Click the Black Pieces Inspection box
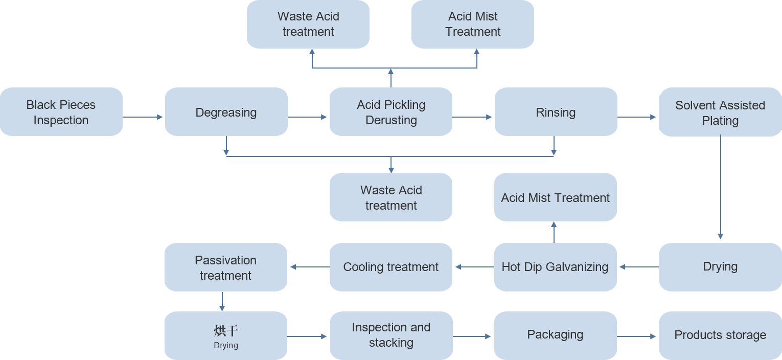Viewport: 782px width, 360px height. [61, 112]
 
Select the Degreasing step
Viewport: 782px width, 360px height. [226, 112]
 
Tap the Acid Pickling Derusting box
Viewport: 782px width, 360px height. [391, 112]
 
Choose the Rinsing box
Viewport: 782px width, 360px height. [556, 112]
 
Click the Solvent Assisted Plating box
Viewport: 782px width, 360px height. [720, 113]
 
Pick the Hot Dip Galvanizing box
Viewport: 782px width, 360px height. [555, 266]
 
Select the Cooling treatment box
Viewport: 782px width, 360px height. [391, 266]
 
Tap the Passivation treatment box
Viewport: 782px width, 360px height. [225, 267]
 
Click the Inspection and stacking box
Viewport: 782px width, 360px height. [391, 335]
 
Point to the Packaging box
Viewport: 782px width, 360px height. [555, 335]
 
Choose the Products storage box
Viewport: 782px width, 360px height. [720, 335]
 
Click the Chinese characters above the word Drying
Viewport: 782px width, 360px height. [226, 331]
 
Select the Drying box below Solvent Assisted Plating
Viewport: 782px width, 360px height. [720, 266]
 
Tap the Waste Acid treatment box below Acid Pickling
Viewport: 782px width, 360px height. [391, 197]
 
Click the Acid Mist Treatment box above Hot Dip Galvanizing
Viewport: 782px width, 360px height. [555, 197]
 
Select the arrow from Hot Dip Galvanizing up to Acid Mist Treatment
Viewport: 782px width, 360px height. [554, 232]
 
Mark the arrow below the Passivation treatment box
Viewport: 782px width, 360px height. [222, 302]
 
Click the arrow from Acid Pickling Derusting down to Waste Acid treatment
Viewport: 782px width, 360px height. [391, 155]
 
